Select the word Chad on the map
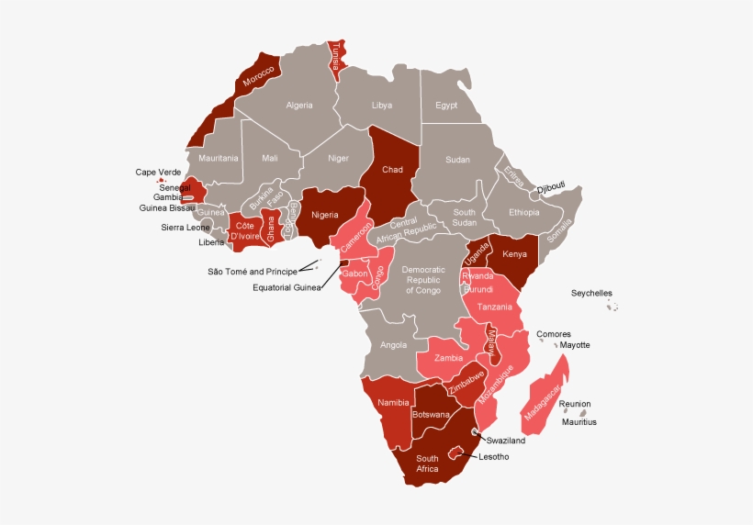click(392, 170)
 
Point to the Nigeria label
click(325, 215)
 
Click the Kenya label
click(515, 253)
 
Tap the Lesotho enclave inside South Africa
click(453, 452)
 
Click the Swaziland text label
click(506, 441)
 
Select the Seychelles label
click(591, 294)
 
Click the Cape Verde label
click(159, 172)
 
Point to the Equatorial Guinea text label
click(287, 287)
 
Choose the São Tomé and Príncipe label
click(253, 272)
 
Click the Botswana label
click(432, 415)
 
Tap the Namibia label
click(392, 403)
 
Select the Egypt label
click(446, 106)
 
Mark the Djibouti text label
click(551, 186)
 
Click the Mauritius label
click(579, 422)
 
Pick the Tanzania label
click(495, 307)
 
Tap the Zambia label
click(448, 358)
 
